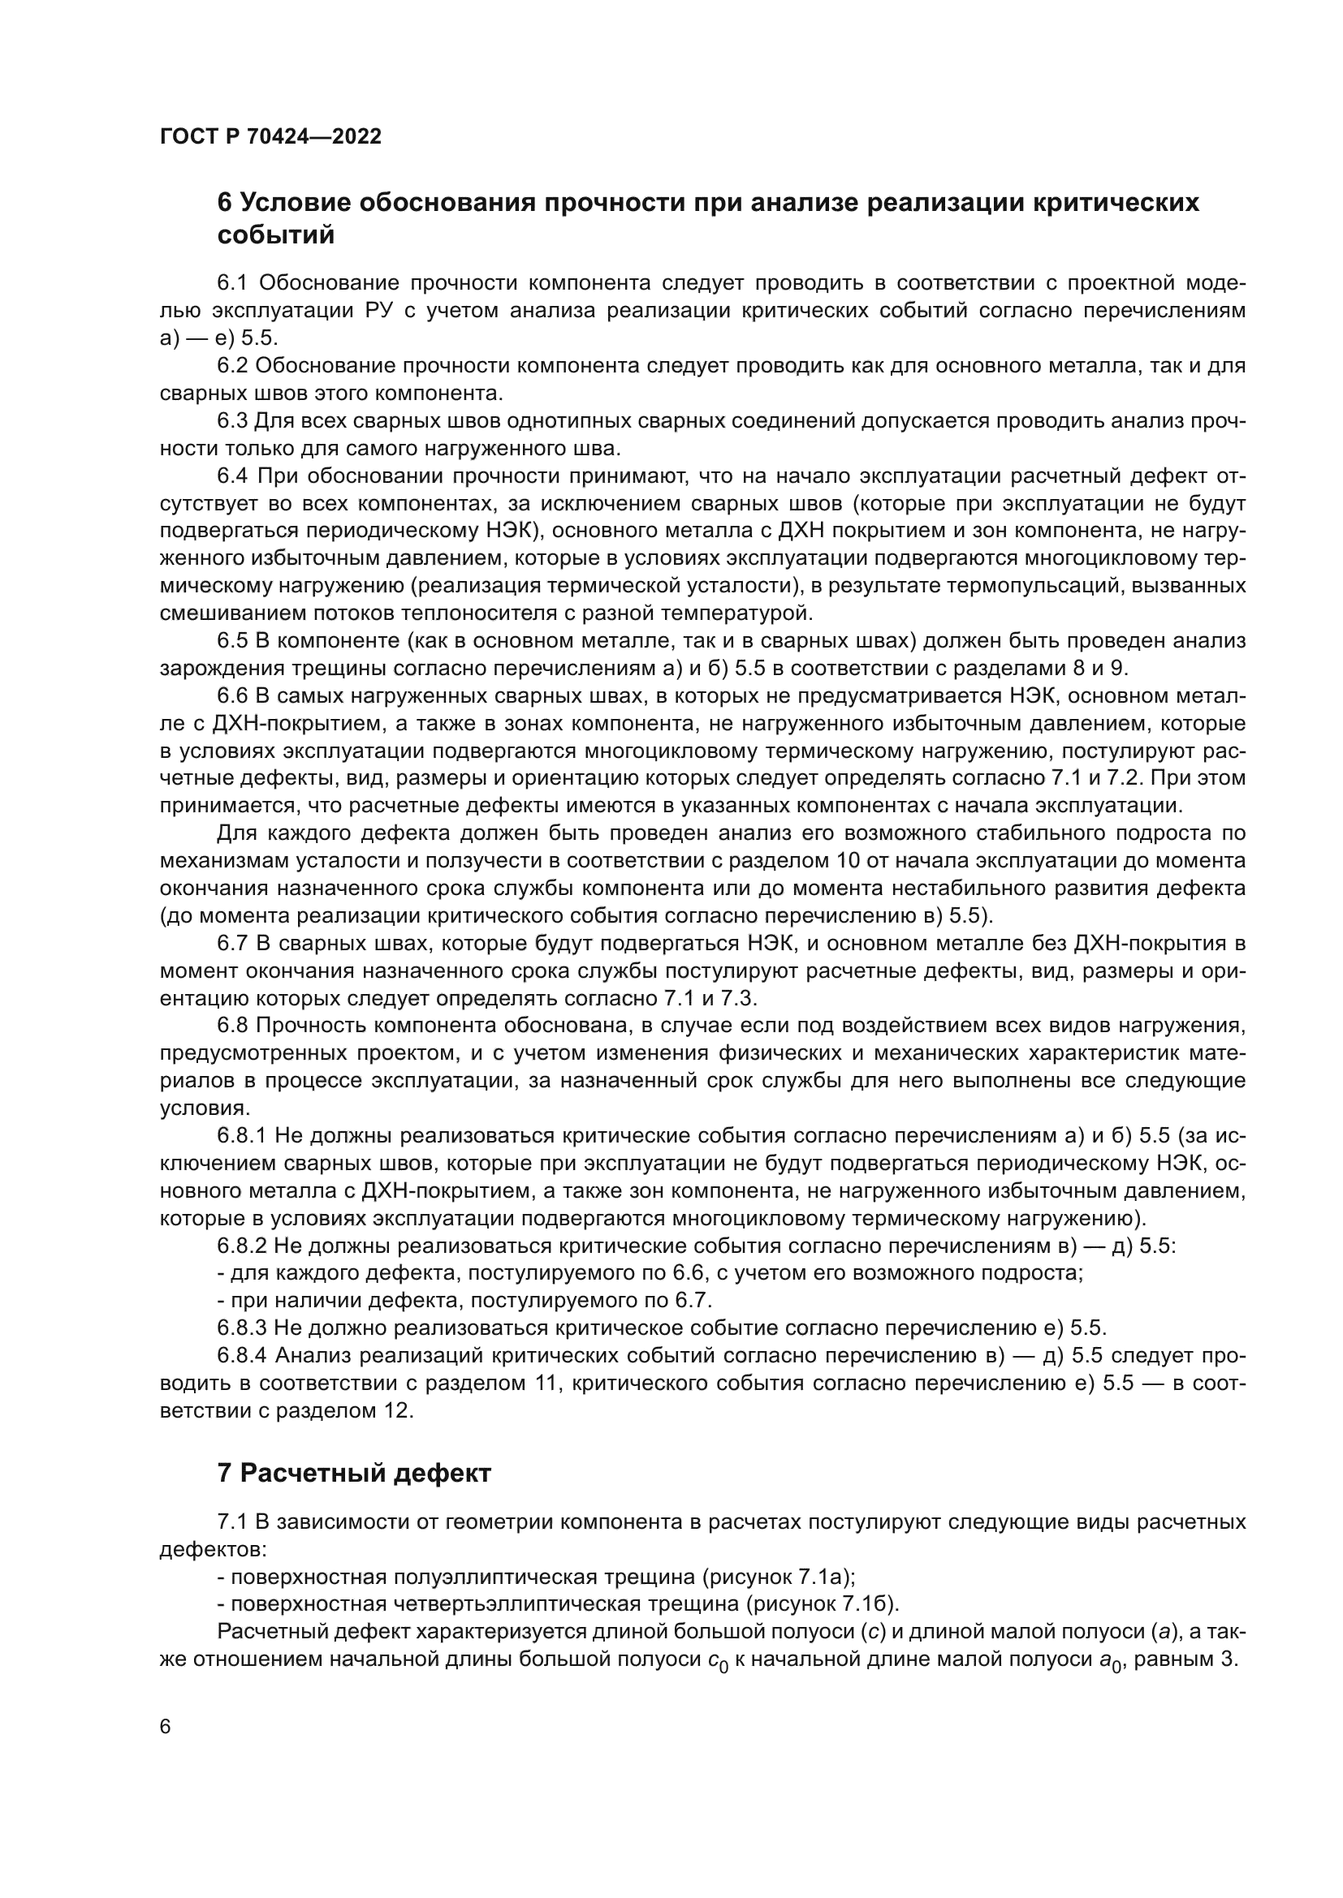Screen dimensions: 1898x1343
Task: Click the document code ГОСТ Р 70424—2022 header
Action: [270, 136]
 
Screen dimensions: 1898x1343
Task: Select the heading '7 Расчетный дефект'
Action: [353, 1472]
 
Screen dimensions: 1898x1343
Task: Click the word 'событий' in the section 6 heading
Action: [275, 235]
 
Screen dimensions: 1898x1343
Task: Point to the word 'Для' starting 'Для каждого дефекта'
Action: [235, 833]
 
